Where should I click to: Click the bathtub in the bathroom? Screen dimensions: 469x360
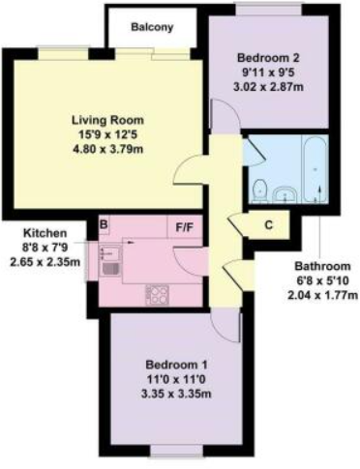pyautogui.click(x=315, y=171)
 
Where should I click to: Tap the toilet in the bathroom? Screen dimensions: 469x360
pyautogui.click(x=259, y=189)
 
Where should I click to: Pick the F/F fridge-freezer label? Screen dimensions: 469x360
pyautogui.click(x=184, y=228)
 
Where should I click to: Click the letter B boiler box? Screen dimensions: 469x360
pyautogui.click(x=103, y=226)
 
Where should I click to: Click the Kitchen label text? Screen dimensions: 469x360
pyautogui.click(x=46, y=233)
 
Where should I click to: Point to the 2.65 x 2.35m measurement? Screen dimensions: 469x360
pyautogui.click(x=46, y=261)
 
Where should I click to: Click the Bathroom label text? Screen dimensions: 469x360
pyautogui.click(x=323, y=266)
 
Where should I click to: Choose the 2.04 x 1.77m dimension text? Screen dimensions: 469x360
pyautogui.click(x=323, y=294)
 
